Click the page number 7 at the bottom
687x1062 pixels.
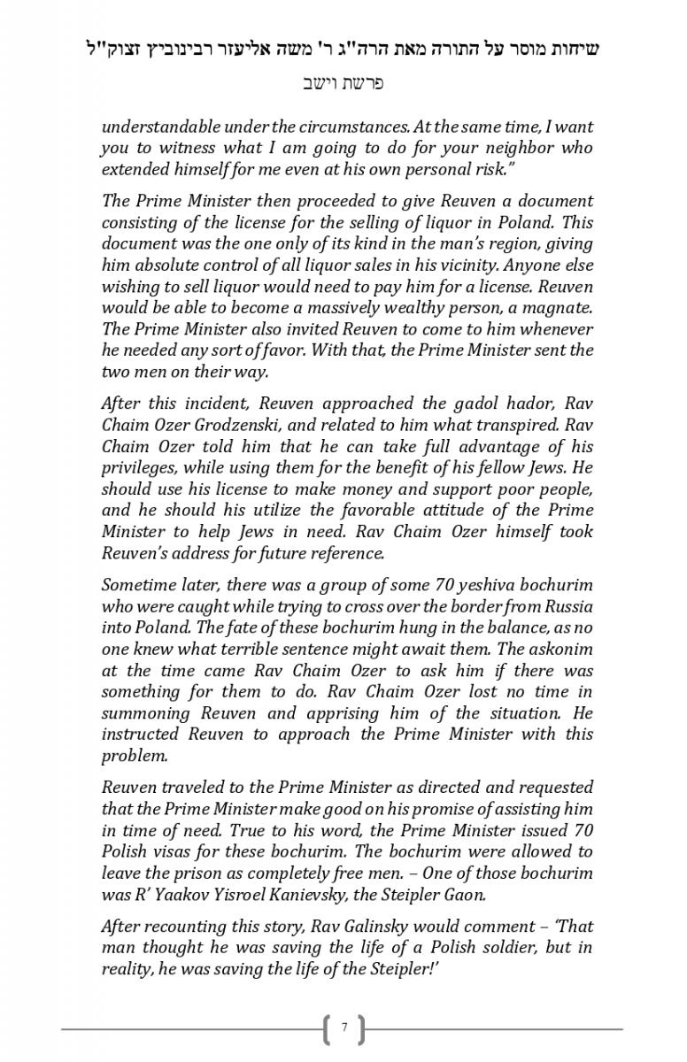pyautogui.click(x=343, y=1028)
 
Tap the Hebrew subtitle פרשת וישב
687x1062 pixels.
pyautogui.click(x=343, y=84)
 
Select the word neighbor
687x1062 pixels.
pyautogui.click(x=516, y=148)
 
